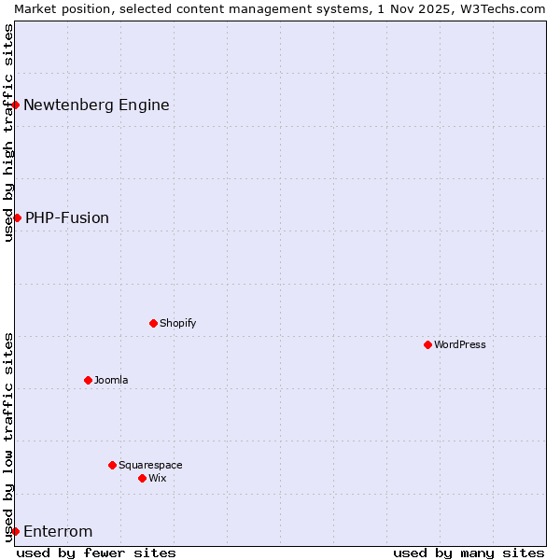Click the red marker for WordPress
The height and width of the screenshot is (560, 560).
427,344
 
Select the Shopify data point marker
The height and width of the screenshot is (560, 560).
153,323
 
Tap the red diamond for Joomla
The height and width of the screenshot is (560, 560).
88,380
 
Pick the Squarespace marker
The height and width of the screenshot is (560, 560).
112,465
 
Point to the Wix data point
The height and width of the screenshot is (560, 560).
142,478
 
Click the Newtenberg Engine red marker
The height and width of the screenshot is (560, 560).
16,105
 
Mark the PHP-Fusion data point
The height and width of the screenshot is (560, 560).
17,217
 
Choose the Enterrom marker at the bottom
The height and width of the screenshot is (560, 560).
16,531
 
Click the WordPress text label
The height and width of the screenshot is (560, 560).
460,344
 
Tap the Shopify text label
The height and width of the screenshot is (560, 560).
177,323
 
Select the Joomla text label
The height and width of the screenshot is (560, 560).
111,380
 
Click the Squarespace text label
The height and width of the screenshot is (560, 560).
150,465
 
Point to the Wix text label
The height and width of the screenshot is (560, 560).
158,478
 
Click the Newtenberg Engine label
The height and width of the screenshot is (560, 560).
96,105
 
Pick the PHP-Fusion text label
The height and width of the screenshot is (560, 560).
67,217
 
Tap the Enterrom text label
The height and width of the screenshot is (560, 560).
58,532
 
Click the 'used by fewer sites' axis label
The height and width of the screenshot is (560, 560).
96,553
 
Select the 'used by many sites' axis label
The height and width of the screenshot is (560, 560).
468,553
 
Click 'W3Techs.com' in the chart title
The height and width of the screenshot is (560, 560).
507,8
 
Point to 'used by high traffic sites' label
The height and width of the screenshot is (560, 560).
8,133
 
